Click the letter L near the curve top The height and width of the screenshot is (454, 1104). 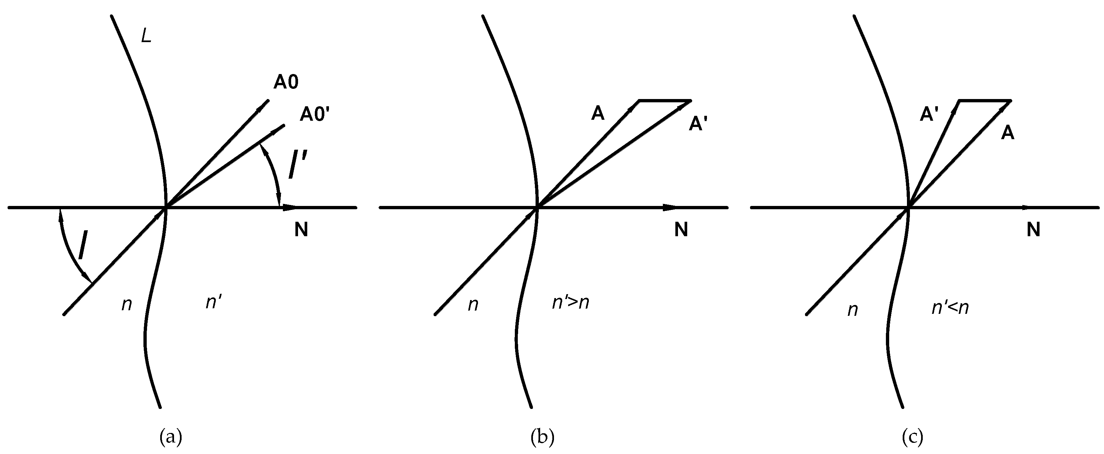146,37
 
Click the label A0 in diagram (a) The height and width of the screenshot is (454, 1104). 286,82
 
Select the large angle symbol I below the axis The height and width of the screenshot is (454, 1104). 84,245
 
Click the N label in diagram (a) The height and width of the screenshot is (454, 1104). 301,230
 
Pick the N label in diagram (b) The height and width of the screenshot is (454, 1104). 681,230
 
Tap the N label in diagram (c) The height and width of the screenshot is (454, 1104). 1033,230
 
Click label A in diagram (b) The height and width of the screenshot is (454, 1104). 597,113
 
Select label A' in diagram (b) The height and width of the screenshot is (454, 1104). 697,124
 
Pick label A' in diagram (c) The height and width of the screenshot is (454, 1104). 929,115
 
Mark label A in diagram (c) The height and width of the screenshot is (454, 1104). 1008,133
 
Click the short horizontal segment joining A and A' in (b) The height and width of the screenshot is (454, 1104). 665,101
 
